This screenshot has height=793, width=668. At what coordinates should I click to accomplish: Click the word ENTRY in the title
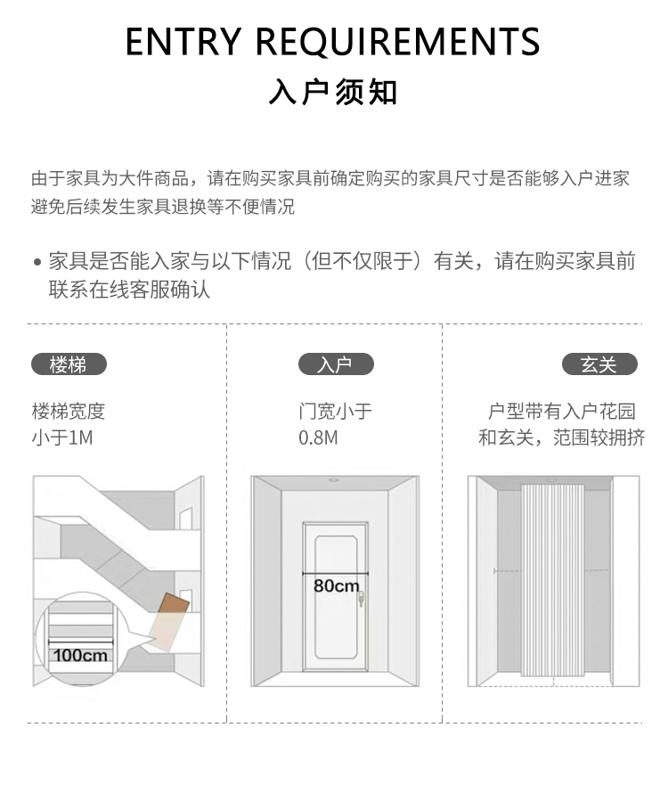(x=183, y=42)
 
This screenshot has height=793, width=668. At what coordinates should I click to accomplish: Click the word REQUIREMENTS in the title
(x=398, y=42)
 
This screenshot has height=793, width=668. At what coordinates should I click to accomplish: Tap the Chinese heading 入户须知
(x=334, y=92)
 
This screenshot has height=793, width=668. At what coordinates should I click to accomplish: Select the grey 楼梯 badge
(x=69, y=364)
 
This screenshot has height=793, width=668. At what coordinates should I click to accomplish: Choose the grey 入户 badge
(x=335, y=364)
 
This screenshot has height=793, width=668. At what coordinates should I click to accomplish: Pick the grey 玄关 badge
(x=599, y=364)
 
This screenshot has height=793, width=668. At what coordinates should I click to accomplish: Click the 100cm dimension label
(x=79, y=656)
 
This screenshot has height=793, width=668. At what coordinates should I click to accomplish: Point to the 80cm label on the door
(x=336, y=585)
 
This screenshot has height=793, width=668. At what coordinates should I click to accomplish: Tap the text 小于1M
(x=62, y=437)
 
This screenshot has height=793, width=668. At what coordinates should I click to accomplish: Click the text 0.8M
(x=318, y=437)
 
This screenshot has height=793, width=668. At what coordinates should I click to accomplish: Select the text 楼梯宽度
(x=69, y=411)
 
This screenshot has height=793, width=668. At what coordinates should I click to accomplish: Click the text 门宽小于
(x=335, y=411)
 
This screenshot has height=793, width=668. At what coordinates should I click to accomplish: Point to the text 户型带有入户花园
(x=562, y=411)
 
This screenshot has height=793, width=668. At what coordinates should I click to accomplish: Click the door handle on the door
(x=361, y=601)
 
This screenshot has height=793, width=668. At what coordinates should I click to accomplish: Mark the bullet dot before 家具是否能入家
(x=37, y=263)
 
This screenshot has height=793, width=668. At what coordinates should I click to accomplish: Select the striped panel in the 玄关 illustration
(x=552, y=579)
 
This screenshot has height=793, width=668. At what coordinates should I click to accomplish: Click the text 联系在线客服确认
(x=129, y=290)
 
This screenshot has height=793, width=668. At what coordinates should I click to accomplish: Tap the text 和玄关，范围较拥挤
(x=561, y=437)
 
